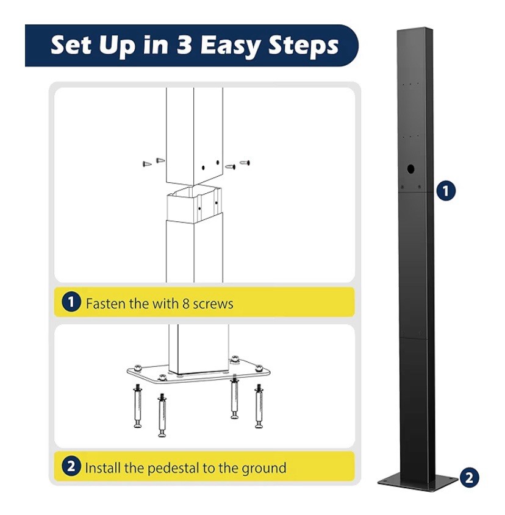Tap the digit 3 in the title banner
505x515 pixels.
point(185,44)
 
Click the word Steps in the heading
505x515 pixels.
point(304,45)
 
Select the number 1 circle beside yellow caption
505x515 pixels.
point(71,302)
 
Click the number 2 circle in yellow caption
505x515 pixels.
point(71,466)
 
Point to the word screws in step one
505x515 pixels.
point(213,304)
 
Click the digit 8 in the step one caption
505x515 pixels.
point(186,304)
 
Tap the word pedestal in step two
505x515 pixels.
point(173,468)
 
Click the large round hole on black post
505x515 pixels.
point(410,169)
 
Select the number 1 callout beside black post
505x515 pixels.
point(446,191)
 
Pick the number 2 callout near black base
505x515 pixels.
point(469,478)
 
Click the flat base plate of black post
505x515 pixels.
point(418,482)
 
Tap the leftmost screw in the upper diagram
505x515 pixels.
point(147,163)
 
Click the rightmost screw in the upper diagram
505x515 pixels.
point(245,163)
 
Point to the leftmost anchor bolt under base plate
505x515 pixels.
point(138,407)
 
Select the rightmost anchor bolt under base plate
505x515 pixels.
point(259,407)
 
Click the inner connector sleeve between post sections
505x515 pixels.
point(194,204)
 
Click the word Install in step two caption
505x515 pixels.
point(102,468)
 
